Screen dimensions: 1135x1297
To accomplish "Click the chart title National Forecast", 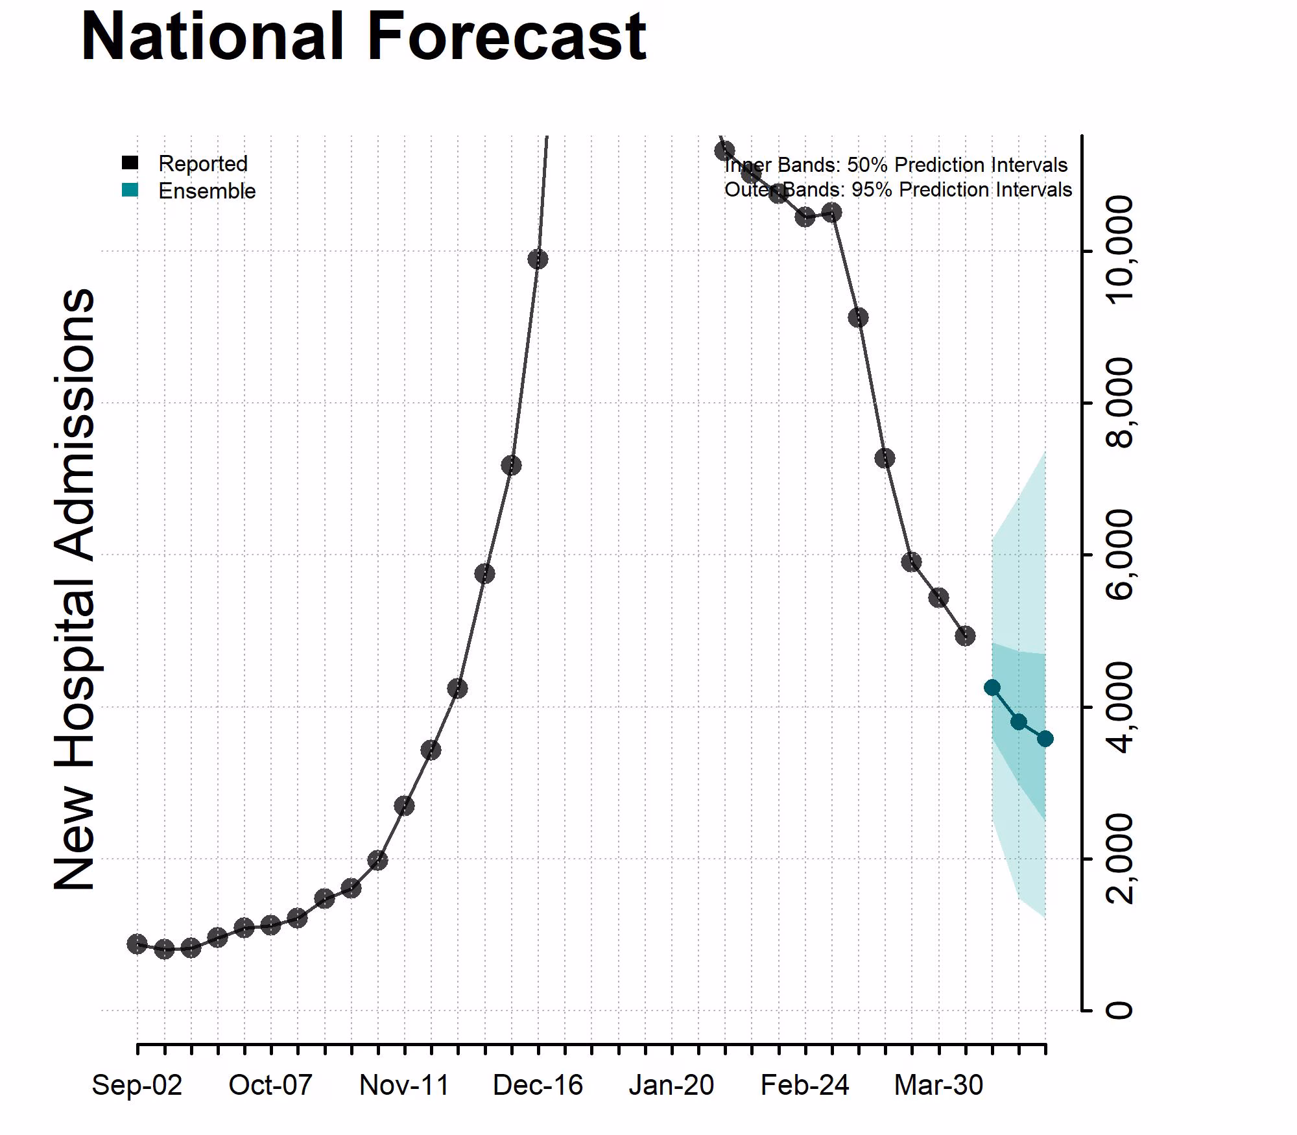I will click(363, 38).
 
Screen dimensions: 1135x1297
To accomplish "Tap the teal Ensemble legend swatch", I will click(130, 190).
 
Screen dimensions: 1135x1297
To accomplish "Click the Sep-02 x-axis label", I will click(137, 1085).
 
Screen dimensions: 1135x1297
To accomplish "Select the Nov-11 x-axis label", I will click(404, 1085).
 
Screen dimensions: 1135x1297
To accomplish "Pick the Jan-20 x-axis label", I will click(671, 1085).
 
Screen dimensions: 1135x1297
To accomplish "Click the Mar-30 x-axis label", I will click(938, 1085).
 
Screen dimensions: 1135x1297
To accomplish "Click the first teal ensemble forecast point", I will click(992, 687).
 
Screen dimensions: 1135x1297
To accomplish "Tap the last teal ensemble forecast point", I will click(1045, 739).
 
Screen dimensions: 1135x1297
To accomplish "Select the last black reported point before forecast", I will click(965, 636).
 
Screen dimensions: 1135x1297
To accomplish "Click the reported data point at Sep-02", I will click(137, 944).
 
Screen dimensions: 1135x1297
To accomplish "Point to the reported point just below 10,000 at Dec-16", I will click(538, 259).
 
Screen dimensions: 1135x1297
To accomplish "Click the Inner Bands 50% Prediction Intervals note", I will click(896, 165).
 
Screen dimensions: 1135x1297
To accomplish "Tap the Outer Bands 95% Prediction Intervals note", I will click(898, 189).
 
